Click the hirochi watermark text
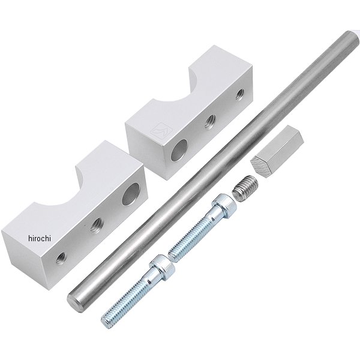pyautogui.click(x=40, y=239)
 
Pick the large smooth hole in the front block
pyautogui.click(x=131, y=194)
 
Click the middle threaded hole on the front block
pyautogui.click(x=97, y=225)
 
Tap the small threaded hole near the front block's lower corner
pyautogui.click(x=62, y=258)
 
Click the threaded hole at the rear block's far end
pyautogui.click(x=240, y=94)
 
